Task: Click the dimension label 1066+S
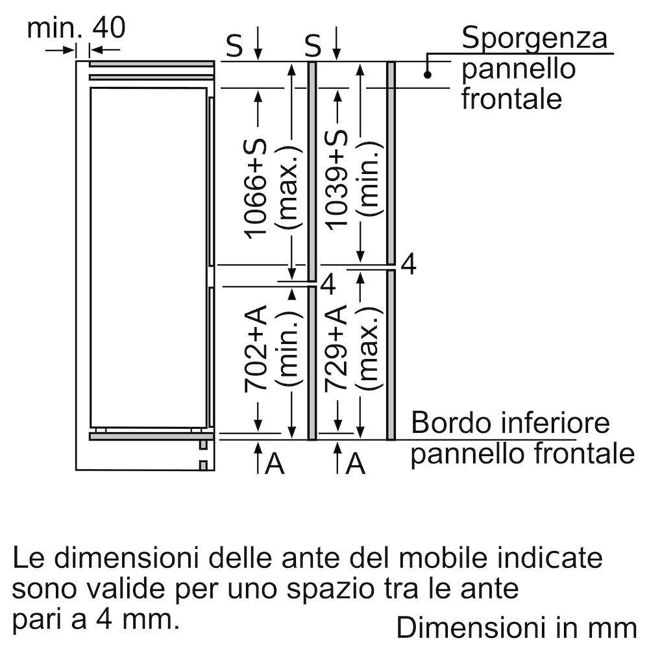pos(255,190)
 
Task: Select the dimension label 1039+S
pos(336,180)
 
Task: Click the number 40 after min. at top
pos(108,28)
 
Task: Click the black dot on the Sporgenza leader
pos(428,75)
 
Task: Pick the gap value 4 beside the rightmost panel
pos(408,264)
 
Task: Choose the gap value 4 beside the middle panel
pos(328,284)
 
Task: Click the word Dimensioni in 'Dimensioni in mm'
pos(469,628)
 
